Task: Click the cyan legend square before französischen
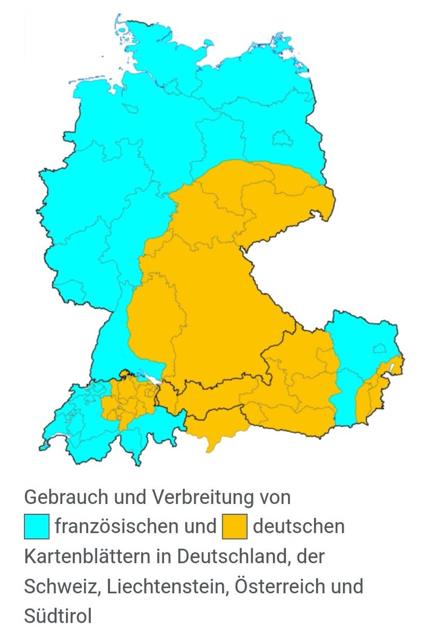pos(37,527)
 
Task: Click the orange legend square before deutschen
pos(234,527)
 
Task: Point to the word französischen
pos(116,527)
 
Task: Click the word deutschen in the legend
pos(299,527)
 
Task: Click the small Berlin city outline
pos(282,138)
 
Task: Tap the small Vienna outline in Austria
pos(379,349)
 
